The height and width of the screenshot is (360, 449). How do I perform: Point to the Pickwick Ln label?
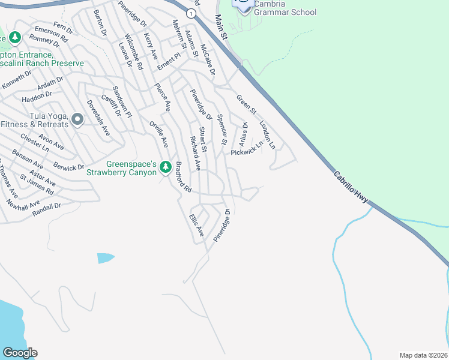247,149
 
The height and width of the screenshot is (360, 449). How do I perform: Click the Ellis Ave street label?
197,224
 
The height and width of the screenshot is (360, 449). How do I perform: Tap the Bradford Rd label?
183,176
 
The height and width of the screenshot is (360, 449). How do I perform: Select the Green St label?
246,104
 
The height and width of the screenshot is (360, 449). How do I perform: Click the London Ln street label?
267,135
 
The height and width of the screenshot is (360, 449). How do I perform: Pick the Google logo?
20,353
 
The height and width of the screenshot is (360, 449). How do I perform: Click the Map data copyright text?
423,355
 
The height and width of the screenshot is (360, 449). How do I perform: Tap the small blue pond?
105,258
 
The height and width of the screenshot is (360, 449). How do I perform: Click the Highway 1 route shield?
191,13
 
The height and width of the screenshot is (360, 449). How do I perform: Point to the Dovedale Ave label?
98,118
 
